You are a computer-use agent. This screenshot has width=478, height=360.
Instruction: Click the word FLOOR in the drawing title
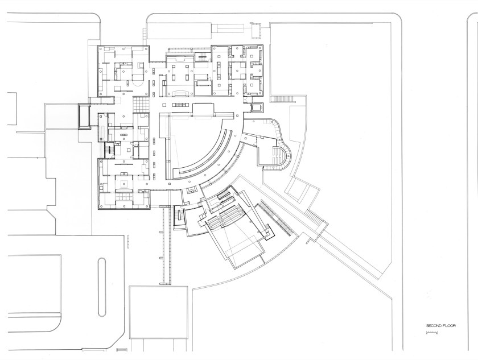click(449, 325)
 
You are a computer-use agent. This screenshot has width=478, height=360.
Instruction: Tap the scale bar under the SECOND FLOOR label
click(432, 333)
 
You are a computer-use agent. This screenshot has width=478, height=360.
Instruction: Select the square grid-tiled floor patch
click(141, 104)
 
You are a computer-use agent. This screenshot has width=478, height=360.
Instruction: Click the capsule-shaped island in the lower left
click(102, 287)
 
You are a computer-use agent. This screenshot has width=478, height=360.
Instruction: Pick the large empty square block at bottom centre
click(158, 312)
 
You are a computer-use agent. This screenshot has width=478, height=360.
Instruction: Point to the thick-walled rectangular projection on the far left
click(84, 117)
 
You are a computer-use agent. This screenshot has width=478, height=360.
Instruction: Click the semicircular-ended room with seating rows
click(281, 155)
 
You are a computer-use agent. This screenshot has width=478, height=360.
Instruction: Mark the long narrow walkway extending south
click(166, 245)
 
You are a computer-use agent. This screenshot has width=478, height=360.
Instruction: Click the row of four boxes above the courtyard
click(181, 105)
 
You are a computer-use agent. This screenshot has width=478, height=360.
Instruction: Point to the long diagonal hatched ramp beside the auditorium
click(274, 219)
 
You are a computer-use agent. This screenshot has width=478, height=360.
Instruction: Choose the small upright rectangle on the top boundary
click(255, 30)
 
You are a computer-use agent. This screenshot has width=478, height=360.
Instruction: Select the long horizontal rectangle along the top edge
click(179, 31)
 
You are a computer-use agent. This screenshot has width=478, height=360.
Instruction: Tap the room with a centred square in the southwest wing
click(124, 183)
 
